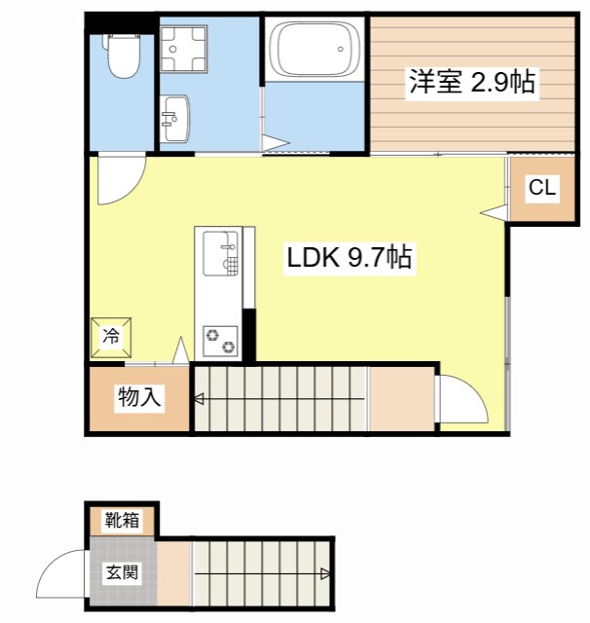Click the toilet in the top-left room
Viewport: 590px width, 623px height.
pyautogui.click(x=122, y=57)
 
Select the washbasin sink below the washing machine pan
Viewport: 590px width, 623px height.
pyautogui.click(x=175, y=118)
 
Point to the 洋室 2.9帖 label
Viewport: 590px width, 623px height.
pyautogui.click(x=471, y=83)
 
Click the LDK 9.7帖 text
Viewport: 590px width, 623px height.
pyautogui.click(x=350, y=259)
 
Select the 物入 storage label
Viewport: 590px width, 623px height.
pyautogui.click(x=139, y=397)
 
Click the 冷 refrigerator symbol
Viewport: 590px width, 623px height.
pyautogui.click(x=111, y=337)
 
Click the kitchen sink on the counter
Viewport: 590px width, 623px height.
pyautogui.click(x=219, y=254)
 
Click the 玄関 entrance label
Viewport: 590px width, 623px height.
pyautogui.click(x=124, y=571)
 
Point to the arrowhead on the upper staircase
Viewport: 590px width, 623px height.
pyautogui.click(x=198, y=398)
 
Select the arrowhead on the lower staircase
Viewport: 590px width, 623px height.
pyautogui.click(x=325, y=573)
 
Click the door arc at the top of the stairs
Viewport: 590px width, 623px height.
pyautogui.click(x=460, y=399)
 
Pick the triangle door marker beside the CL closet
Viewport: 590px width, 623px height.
pyautogui.click(x=494, y=212)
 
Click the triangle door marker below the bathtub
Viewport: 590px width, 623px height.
pyautogui.click(x=276, y=144)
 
